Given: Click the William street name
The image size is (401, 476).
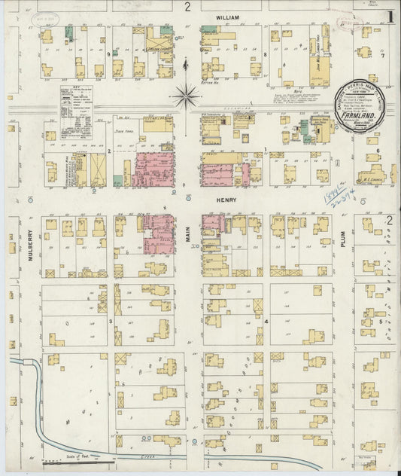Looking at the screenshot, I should (226, 17).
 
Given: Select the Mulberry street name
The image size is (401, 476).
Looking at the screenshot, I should (30, 246).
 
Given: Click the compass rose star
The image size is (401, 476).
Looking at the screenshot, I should (185, 96).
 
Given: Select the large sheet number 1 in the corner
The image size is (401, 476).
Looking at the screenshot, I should (389, 16).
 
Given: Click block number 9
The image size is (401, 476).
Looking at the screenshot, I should (108, 55).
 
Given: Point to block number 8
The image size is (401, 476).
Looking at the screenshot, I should (266, 55).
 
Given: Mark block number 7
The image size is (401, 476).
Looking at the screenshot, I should (382, 55).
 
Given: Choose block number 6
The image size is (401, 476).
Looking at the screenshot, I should (378, 151).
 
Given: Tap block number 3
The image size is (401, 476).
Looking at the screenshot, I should (111, 322).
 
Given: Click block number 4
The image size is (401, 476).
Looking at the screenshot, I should (266, 322).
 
